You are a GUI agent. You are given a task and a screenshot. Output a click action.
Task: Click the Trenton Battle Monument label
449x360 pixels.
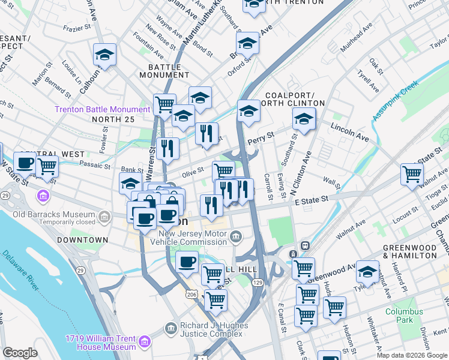[102, 109]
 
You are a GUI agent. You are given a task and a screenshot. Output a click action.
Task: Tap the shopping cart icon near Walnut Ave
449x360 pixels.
[412, 173]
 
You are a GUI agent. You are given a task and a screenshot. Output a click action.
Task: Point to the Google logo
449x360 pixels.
[20, 353]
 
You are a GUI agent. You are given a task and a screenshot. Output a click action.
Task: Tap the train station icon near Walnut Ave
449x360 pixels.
[304, 247]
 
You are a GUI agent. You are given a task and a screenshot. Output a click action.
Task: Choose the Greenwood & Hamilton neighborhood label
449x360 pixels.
[410, 251]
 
